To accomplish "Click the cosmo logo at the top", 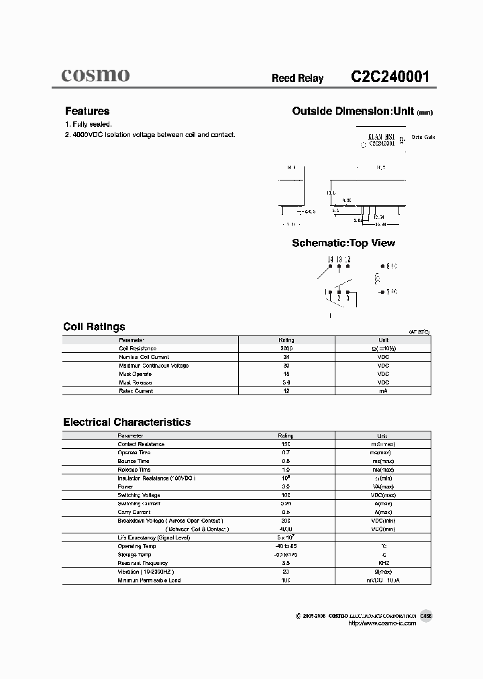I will [x=96, y=75].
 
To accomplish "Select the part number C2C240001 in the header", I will [x=390, y=77].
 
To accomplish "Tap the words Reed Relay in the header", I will [x=297, y=79].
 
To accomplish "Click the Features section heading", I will [x=87, y=111].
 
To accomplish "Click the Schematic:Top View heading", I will [x=343, y=243].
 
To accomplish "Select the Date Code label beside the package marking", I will [x=423, y=137].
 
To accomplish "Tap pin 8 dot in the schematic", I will [x=381, y=266].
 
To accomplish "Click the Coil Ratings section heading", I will [x=94, y=327].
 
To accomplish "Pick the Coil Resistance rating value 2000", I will [x=286, y=349].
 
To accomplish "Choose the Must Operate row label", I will [x=134, y=374].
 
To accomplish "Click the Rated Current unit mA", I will [x=383, y=390].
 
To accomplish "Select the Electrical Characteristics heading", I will [x=127, y=422].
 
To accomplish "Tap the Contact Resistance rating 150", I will [x=286, y=444].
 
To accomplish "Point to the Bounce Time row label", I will [x=133, y=461].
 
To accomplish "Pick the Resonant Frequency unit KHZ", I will [x=383, y=563].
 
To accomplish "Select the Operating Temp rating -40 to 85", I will [x=286, y=546].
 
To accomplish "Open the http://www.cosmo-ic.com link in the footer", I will [x=382, y=623].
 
